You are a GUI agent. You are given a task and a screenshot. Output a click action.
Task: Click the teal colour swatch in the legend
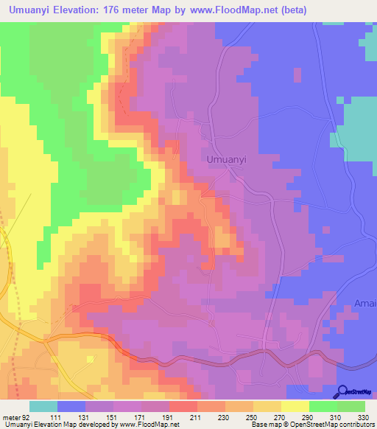point(43,406)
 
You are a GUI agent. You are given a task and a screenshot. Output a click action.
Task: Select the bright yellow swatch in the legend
point(295,406)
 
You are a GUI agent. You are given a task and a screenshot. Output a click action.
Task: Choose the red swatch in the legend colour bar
point(183,406)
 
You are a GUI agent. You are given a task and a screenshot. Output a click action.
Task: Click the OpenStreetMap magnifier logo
point(342,392)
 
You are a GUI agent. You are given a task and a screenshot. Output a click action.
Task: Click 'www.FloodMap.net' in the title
point(230,10)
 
